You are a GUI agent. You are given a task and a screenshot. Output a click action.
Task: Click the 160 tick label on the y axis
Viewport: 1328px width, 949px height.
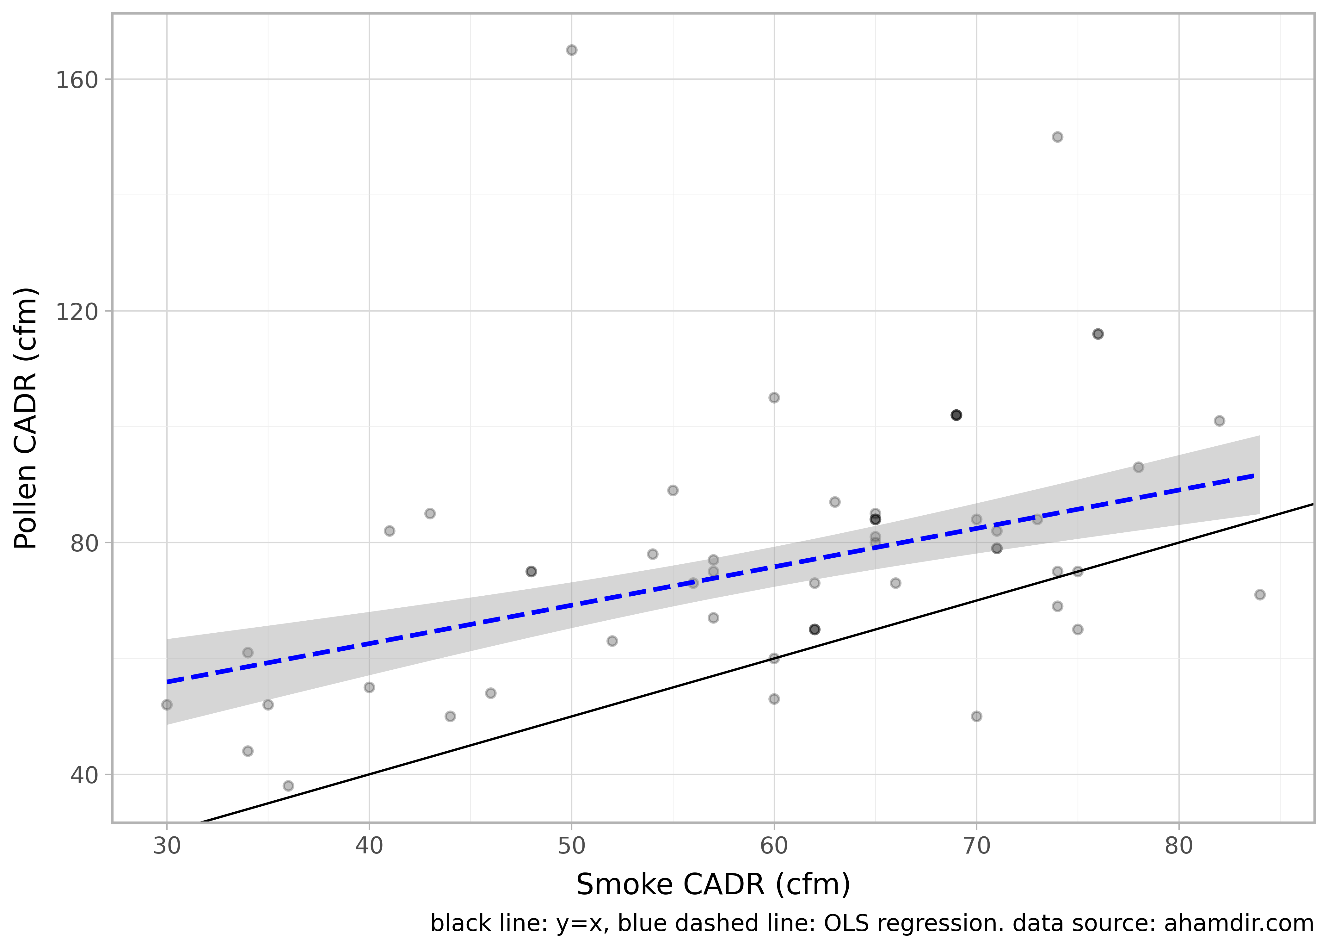click(76, 80)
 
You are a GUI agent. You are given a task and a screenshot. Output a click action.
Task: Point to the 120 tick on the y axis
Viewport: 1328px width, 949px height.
click(76, 312)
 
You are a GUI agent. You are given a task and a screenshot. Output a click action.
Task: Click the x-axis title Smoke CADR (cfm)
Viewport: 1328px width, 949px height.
click(713, 884)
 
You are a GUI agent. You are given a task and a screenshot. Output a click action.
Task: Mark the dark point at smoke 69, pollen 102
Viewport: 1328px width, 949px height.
click(956, 415)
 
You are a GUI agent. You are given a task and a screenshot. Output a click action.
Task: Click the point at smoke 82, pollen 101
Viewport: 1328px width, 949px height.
click(1219, 421)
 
